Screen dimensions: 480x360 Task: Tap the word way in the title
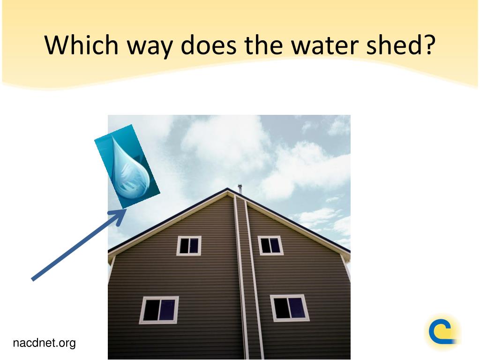[x=150, y=48]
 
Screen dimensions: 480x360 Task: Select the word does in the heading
[x=209, y=45]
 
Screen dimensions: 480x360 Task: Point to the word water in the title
[x=324, y=45]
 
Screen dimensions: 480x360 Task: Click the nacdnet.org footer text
[x=44, y=343]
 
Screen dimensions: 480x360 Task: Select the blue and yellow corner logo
[x=442, y=331]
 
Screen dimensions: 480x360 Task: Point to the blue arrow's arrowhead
[x=119, y=216]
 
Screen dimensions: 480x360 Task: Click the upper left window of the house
[x=189, y=246]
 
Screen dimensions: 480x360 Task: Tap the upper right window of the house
[x=270, y=245]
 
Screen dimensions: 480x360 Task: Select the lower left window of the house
[x=159, y=310]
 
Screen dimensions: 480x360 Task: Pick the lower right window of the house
[x=289, y=308]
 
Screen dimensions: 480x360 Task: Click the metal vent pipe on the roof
[x=240, y=188]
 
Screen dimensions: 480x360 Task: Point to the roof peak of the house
[x=227, y=188]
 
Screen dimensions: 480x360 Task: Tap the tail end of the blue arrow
[x=33, y=279]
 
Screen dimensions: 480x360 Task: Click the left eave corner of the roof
[x=109, y=253]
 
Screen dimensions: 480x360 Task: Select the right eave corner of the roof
[x=349, y=252]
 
